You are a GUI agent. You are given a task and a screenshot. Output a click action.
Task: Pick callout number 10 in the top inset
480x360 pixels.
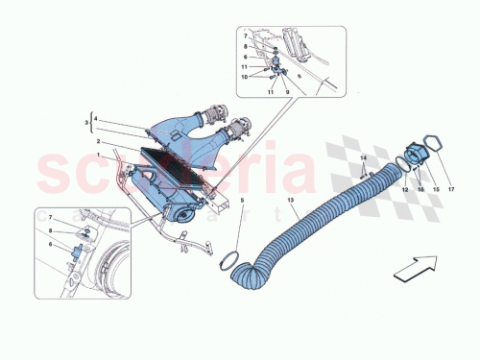[x=244, y=76]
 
